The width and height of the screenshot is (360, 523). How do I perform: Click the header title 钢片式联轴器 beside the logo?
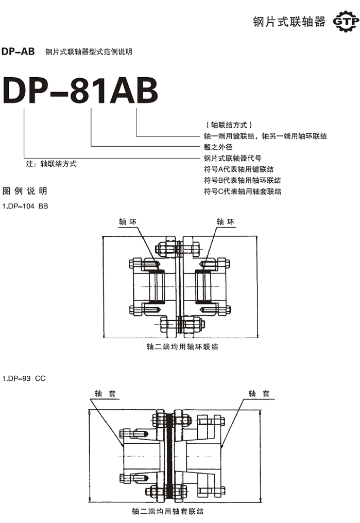click(289, 22)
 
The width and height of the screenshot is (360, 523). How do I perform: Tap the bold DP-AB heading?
click(18, 51)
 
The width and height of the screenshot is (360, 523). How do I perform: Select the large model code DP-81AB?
click(80, 92)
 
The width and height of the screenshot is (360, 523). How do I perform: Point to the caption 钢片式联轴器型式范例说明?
click(89, 52)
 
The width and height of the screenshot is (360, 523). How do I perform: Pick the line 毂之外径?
click(219, 147)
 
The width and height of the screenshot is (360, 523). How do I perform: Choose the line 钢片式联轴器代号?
click(233, 158)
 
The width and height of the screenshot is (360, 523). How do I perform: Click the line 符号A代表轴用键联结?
click(239, 169)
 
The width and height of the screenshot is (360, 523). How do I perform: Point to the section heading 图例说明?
click(25, 191)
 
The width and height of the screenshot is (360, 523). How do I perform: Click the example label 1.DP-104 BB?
click(25, 206)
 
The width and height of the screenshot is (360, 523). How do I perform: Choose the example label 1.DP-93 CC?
click(24, 378)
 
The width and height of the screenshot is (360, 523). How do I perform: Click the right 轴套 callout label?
click(259, 394)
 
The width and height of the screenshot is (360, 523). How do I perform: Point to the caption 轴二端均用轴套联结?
click(167, 512)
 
